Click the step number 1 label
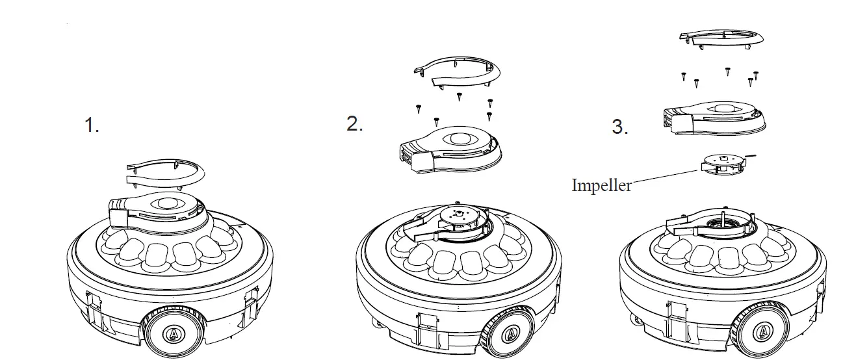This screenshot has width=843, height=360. coord(92,125)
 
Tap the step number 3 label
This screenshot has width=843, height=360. coord(620,127)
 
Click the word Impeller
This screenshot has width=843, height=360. coord(601,186)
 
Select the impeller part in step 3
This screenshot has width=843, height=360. coord(721,163)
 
